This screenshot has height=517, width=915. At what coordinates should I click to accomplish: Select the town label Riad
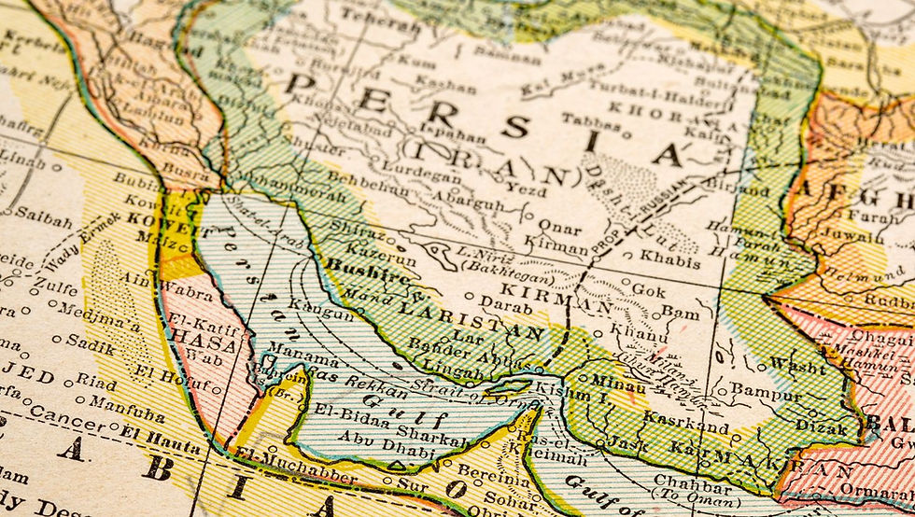[95, 381]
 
